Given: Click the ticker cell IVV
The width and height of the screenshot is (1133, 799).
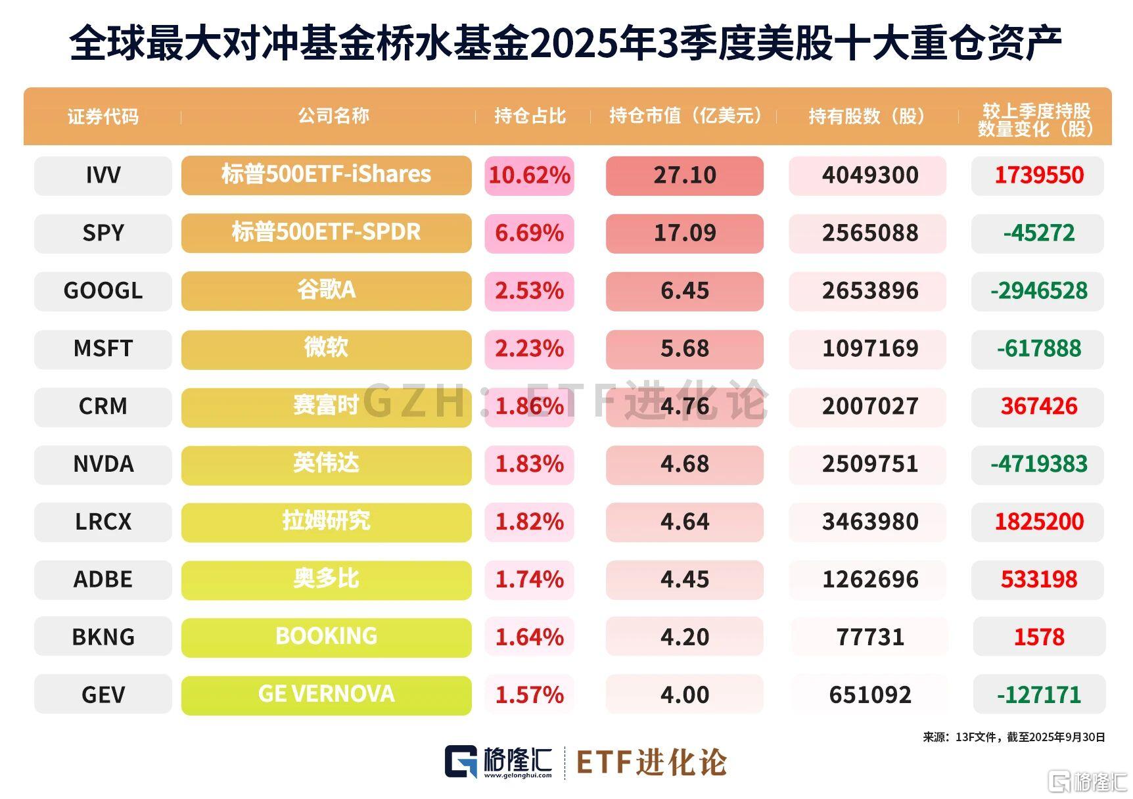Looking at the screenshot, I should pyautogui.click(x=103, y=175).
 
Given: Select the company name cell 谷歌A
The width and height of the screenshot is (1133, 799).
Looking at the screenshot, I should pyautogui.click(x=326, y=290).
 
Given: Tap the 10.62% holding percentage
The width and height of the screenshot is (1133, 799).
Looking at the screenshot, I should pyautogui.click(x=529, y=175).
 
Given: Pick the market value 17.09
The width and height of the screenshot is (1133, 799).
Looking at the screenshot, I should pyautogui.click(x=684, y=233).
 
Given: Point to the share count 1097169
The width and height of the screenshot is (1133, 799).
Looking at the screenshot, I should pyautogui.click(x=869, y=348).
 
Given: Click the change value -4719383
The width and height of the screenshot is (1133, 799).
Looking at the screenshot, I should pyautogui.click(x=1038, y=464).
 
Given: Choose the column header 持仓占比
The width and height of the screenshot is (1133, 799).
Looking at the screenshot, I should pyautogui.click(x=530, y=116).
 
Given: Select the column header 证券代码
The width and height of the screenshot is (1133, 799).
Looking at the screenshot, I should pyautogui.click(x=103, y=117).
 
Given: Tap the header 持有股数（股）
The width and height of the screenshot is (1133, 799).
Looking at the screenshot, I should pyautogui.click(x=867, y=116).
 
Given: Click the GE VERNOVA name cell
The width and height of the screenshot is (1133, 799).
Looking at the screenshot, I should pyautogui.click(x=326, y=695).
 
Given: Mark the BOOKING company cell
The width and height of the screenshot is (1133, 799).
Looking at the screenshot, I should pyautogui.click(x=326, y=637).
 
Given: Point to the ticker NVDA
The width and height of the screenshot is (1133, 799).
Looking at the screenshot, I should pyautogui.click(x=103, y=464).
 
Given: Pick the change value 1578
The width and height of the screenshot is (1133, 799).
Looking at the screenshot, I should pyautogui.click(x=1038, y=637).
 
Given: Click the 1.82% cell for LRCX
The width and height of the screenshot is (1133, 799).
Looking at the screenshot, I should pyautogui.click(x=529, y=522).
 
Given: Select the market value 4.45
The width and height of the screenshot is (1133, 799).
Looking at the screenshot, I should pyautogui.click(x=684, y=580).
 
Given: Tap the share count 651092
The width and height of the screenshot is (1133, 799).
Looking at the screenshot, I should pyautogui.click(x=869, y=695).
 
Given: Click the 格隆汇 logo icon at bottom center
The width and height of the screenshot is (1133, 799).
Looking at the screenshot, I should pyautogui.click(x=461, y=762).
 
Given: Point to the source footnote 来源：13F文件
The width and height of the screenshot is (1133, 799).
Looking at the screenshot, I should pyautogui.click(x=1013, y=737).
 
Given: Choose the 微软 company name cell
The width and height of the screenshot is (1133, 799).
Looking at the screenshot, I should pyautogui.click(x=326, y=348).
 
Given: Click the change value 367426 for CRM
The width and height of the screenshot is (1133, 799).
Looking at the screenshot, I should pyautogui.click(x=1038, y=406).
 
